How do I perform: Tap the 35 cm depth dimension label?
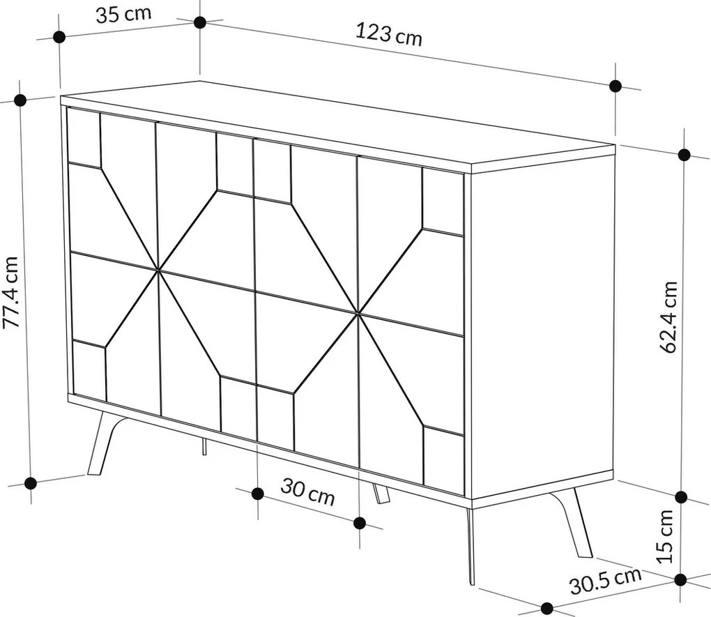(x=123, y=15)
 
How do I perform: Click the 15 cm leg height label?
(x=665, y=535)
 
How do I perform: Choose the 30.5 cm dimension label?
(x=604, y=581)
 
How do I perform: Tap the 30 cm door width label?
(x=307, y=493)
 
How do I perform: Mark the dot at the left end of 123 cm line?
(x=200, y=22)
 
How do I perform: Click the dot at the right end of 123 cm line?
(x=615, y=86)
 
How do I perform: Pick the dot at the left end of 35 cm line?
(x=59, y=37)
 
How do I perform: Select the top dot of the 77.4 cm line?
(x=20, y=100)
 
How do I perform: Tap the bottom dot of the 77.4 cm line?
(x=31, y=482)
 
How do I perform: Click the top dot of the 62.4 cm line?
(x=684, y=154)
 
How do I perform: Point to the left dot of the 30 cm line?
(x=257, y=494)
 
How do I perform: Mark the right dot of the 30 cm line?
(x=360, y=523)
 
